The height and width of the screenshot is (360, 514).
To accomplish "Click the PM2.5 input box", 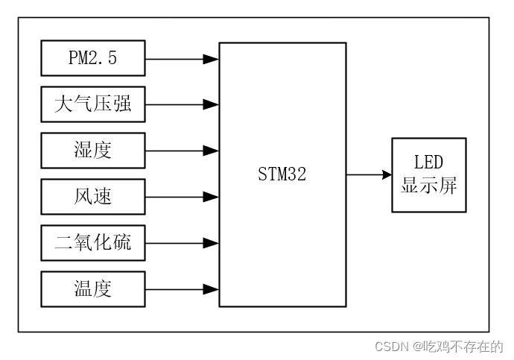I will tap(93, 59).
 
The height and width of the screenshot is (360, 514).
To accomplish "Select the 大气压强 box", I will tap(93, 105).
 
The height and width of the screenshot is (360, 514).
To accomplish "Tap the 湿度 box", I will tap(93, 151).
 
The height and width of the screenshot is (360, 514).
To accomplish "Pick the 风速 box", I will tap(93, 197).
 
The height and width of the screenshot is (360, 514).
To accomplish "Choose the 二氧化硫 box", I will tap(93, 243).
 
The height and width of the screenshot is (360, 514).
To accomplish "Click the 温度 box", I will tap(93, 289).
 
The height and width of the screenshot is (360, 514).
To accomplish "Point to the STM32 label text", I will tap(282, 175).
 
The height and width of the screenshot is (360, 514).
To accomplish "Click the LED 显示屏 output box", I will tap(429, 175).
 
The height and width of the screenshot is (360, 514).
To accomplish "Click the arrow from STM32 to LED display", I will tap(368, 175).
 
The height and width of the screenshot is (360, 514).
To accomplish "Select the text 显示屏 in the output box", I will tap(429, 185).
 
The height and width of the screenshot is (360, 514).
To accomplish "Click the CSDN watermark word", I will tap(390, 347).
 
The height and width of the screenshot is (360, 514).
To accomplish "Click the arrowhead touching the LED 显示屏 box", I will tap(387, 175).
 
